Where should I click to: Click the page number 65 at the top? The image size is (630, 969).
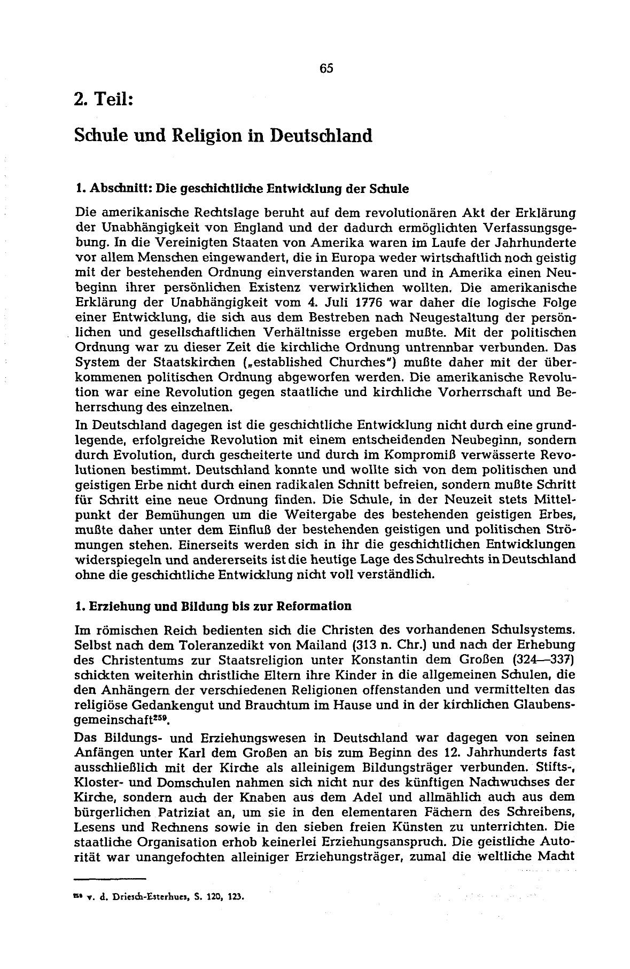coord(326,68)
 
